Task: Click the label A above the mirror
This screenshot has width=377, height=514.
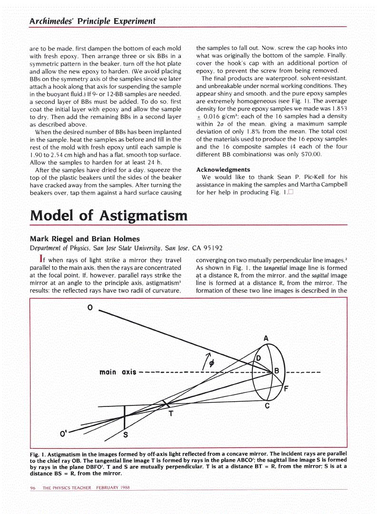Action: [266, 338]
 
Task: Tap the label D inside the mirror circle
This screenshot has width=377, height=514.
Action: [258, 358]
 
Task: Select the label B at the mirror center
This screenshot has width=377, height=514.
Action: [277, 371]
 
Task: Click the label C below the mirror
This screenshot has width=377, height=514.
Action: [267, 406]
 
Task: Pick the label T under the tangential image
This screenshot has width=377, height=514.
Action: [170, 414]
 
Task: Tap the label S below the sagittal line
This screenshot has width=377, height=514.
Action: [125, 435]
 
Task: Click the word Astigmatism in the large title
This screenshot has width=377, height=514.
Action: [143, 216]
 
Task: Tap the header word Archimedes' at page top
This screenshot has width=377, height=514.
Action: [50, 21]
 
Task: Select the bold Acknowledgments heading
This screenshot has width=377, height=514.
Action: [223, 169]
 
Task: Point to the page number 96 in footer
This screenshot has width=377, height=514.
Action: [33, 488]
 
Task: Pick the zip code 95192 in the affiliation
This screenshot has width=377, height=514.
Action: [213, 247]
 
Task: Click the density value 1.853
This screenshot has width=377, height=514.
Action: [337, 109]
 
